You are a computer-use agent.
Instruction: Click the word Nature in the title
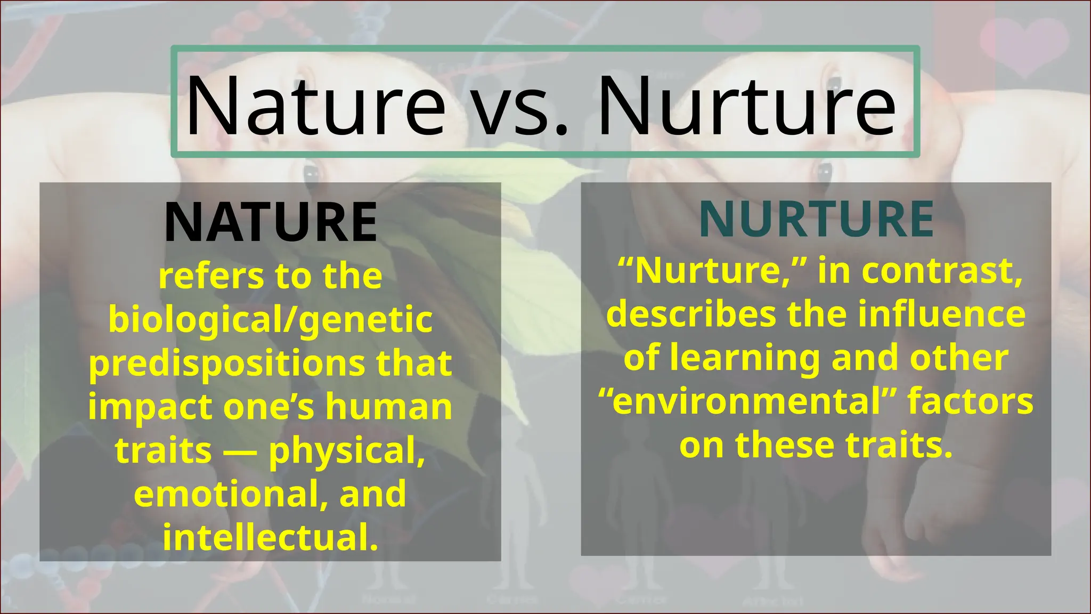point(315,106)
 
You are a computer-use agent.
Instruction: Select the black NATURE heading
point(271,222)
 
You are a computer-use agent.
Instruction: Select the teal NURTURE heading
point(816,219)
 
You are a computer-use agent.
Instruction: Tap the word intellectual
point(271,537)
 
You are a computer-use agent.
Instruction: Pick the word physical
point(347,451)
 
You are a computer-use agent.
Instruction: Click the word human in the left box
point(389,407)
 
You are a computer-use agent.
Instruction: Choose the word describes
point(691,314)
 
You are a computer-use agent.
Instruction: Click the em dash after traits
point(240,451)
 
